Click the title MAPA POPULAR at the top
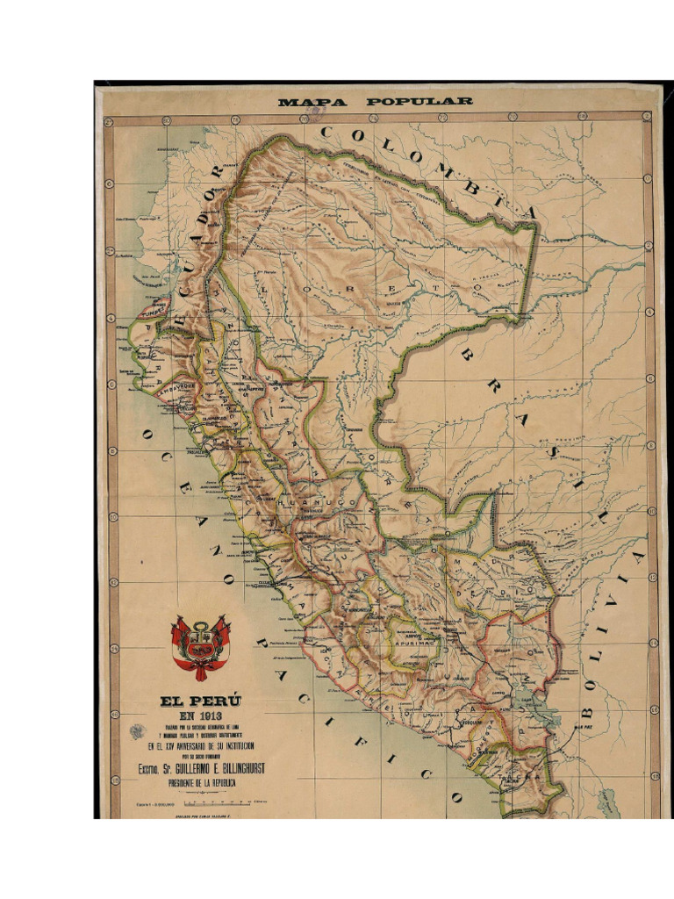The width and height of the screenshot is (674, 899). [375, 102]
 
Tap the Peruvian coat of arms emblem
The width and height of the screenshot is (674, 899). [201, 647]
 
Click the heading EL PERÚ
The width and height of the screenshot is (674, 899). [200, 701]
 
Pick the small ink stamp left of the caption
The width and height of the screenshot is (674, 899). [136, 731]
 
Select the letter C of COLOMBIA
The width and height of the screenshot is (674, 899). [326, 133]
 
